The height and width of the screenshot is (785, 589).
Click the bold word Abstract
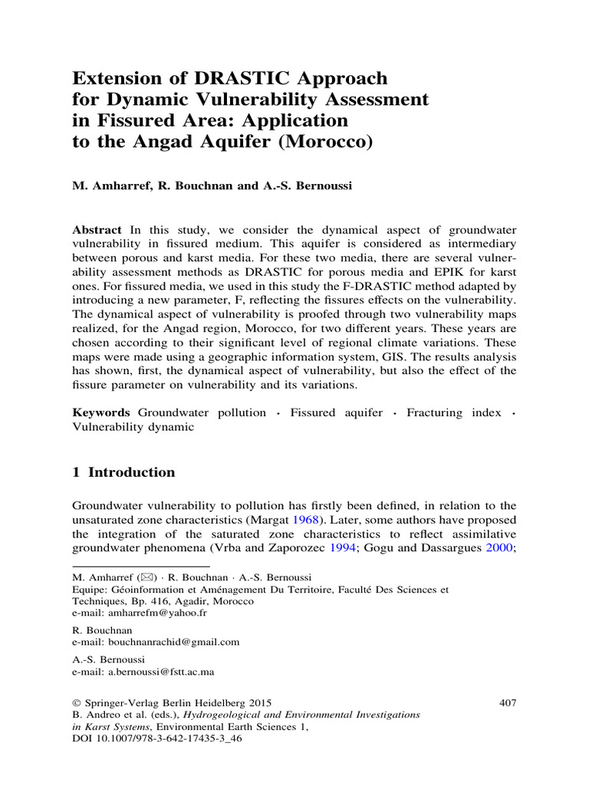click(97, 230)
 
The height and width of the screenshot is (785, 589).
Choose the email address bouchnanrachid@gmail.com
click(169, 642)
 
